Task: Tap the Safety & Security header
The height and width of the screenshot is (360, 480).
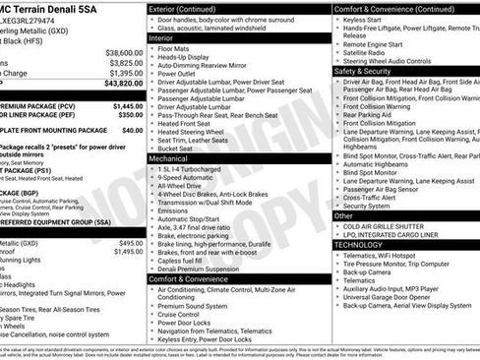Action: click(364, 71)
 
